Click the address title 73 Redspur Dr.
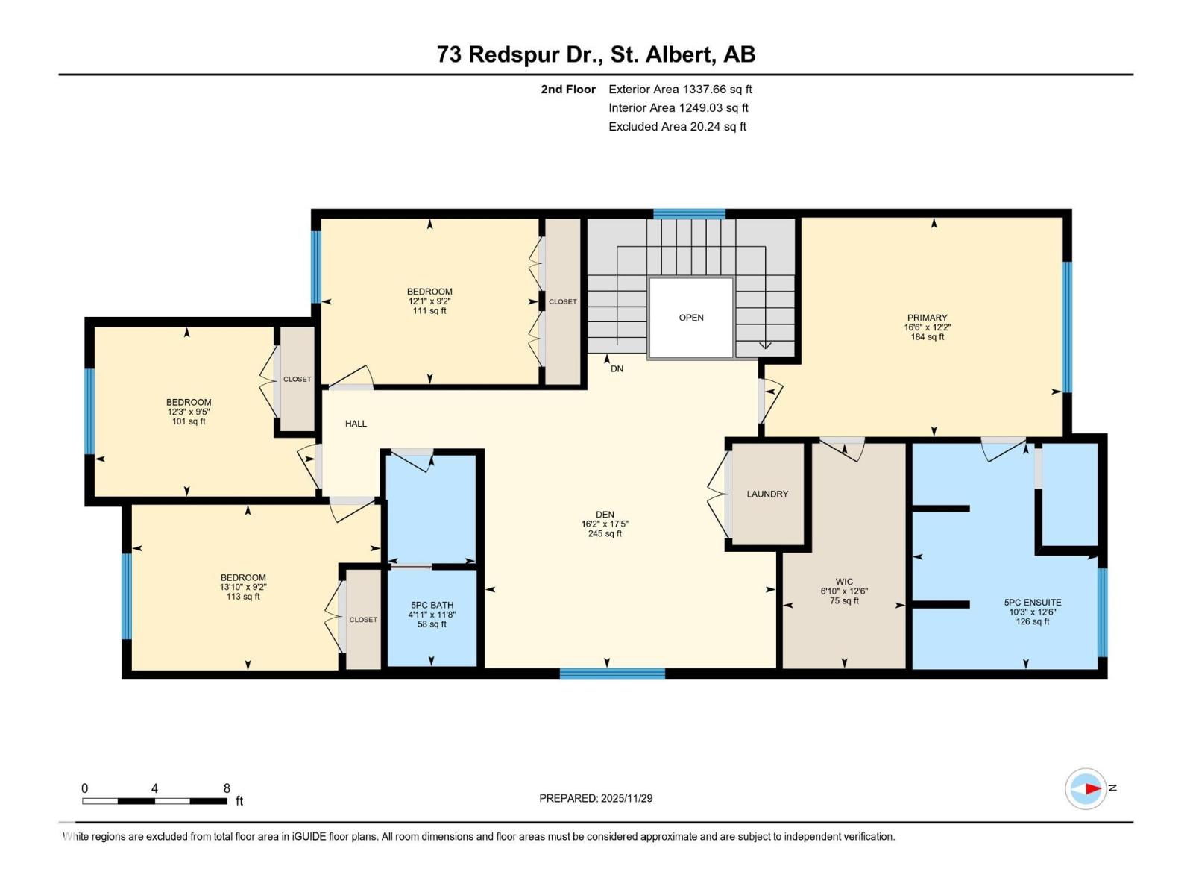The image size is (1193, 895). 596,54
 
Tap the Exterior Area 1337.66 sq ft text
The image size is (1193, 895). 679,89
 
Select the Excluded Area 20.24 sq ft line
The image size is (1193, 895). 677,126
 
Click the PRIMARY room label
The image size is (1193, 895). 927,318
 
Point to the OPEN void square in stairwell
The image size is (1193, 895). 691,318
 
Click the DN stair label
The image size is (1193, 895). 617,368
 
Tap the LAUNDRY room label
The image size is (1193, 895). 767,494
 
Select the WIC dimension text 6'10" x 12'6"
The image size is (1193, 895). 844,591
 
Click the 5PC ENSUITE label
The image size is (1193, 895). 1033,602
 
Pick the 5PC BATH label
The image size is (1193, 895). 432,605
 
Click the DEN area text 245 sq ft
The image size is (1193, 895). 605,533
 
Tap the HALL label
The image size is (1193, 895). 356,424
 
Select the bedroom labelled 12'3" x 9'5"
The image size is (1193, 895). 189,412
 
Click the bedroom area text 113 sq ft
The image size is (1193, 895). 243,597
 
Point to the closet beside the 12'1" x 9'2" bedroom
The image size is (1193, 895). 563,301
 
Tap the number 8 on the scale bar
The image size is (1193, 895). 227,788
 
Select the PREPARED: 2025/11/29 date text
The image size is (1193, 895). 596,798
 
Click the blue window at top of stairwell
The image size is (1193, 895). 689,214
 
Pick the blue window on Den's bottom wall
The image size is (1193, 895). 612,673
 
